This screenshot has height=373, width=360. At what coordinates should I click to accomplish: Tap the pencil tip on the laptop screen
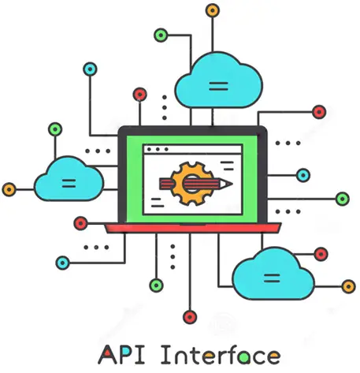click(x=230, y=184)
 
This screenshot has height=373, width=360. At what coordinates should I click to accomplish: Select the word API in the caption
click(x=121, y=355)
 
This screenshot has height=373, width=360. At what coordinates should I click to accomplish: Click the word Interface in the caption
click(x=221, y=355)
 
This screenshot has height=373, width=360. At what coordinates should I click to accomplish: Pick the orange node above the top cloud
click(x=212, y=10)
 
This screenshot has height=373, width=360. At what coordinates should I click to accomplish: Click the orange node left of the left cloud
click(x=9, y=189)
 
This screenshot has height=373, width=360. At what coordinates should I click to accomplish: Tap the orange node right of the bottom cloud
click(x=348, y=286)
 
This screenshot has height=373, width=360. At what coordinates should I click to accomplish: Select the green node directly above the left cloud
click(x=55, y=129)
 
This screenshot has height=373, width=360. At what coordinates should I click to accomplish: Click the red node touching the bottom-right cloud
click(x=321, y=254)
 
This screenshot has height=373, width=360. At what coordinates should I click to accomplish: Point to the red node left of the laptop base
click(x=80, y=223)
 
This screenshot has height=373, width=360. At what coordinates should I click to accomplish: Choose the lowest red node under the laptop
click(x=190, y=317)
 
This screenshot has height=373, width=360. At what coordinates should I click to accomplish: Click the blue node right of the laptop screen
click(x=303, y=175)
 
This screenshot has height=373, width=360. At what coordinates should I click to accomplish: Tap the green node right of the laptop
click(x=343, y=199)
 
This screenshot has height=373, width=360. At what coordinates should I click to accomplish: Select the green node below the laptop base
click(x=156, y=285)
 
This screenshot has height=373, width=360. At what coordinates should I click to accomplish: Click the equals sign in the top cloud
click(x=218, y=86)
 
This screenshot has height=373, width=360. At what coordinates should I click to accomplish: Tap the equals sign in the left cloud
click(x=69, y=183)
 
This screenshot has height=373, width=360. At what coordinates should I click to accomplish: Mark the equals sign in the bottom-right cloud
click(x=272, y=278)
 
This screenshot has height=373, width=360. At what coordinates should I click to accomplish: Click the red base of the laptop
click(x=193, y=228)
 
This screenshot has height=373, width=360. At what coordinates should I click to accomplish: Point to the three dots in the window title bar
click(x=158, y=149)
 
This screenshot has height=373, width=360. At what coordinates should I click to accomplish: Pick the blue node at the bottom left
click(x=63, y=263)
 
